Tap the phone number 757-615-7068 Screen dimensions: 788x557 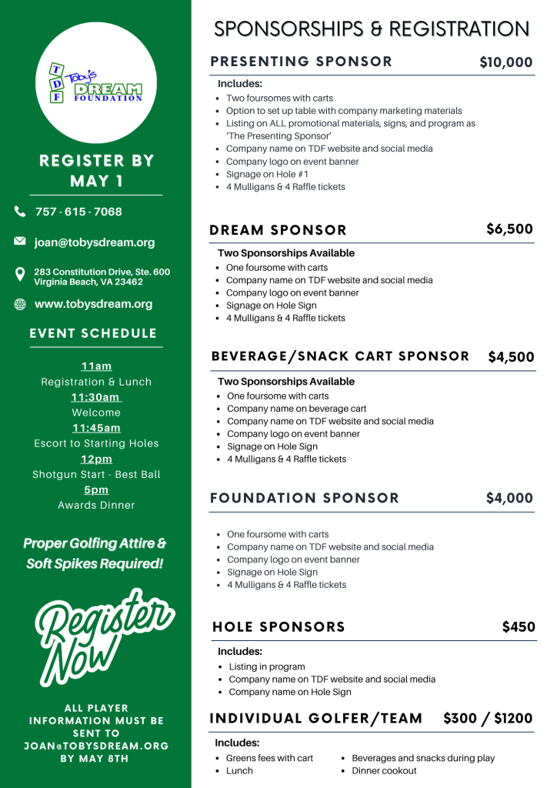[x=78, y=212]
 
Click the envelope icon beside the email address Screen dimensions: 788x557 [x=20, y=242]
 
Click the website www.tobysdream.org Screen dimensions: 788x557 [x=93, y=304]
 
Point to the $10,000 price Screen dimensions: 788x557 [x=505, y=62]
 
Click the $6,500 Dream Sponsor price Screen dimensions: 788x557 [x=509, y=229]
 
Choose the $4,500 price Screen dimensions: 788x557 [x=511, y=357]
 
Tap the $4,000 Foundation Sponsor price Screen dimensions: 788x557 [x=509, y=498]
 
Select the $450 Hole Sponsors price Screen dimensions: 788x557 [x=519, y=626]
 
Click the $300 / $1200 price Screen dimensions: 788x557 [x=488, y=718]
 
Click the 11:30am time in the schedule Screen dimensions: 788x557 [x=95, y=397]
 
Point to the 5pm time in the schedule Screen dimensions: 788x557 [x=96, y=489]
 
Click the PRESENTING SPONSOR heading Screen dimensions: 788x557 [x=301, y=62]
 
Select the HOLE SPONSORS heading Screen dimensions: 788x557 [x=278, y=627]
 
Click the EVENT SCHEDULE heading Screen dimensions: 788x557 [x=93, y=333]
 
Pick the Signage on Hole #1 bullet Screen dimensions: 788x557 [x=267, y=174]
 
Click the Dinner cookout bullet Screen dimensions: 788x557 [x=384, y=770]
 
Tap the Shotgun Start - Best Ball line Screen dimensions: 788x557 [x=96, y=474]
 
